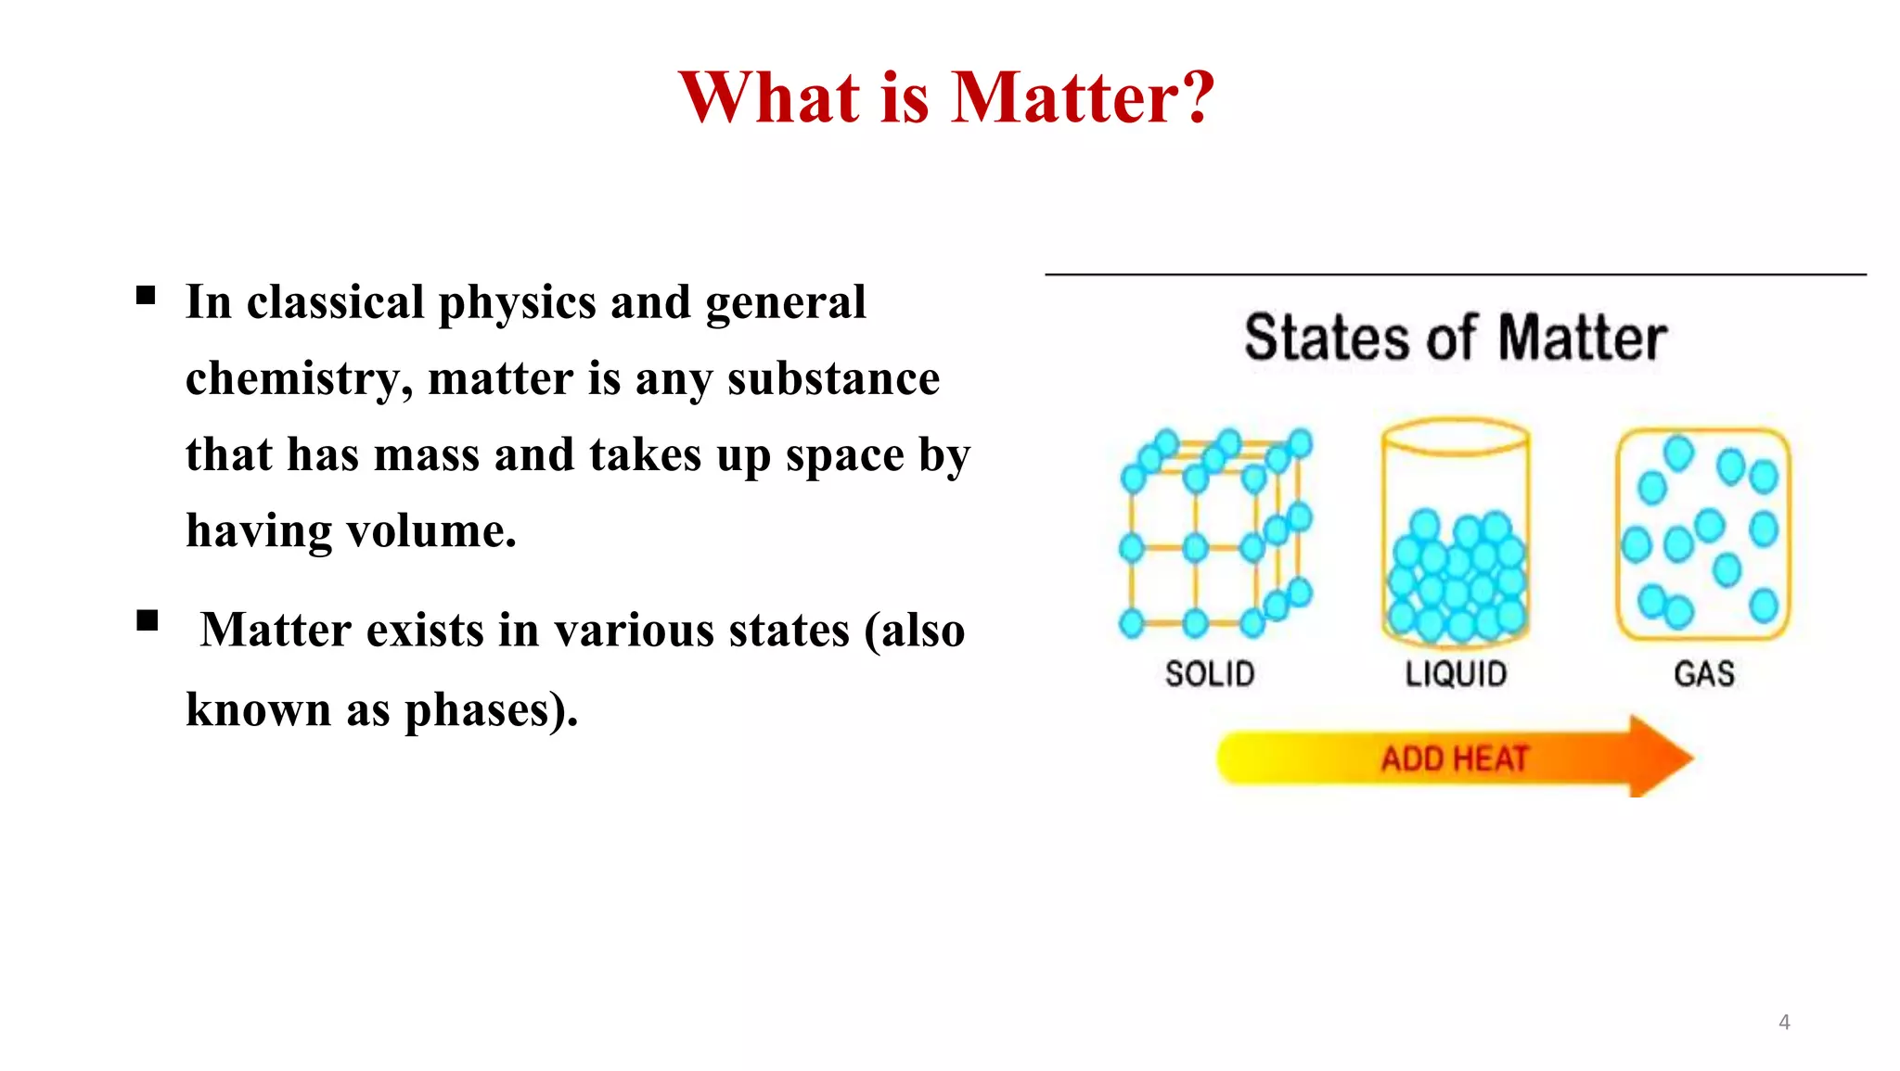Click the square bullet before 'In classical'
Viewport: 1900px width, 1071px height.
coord(146,296)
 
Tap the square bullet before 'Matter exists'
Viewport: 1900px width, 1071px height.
coord(147,620)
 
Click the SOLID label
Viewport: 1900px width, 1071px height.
coord(1210,674)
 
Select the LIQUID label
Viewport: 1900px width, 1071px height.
coord(1456,674)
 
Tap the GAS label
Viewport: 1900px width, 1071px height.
coord(1703,674)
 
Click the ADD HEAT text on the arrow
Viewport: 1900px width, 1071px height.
coord(1454,759)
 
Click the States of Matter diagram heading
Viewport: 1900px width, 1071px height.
coord(1455,338)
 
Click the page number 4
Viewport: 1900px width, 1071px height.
coord(1784,1022)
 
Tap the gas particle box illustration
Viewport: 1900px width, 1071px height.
coord(1703,534)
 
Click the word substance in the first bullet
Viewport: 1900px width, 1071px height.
coord(833,379)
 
